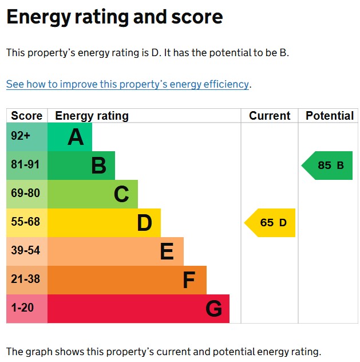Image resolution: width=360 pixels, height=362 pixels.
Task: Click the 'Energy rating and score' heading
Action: pos(114,17)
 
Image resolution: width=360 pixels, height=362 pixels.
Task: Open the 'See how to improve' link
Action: pos(128,84)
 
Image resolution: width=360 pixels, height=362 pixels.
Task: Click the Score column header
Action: pos(27,116)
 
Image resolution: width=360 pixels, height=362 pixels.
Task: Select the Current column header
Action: pos(270,116)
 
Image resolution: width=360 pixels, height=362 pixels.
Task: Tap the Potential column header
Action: pos(330,116)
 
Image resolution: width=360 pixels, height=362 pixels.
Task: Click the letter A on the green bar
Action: pos(76,137)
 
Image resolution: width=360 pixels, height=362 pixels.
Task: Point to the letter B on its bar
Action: pos(98,166)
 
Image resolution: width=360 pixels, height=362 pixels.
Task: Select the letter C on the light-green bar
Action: pos(121,195)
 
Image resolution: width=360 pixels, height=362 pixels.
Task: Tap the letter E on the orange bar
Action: pos(167,252)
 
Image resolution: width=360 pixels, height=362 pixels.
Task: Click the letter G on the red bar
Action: pos(213,309)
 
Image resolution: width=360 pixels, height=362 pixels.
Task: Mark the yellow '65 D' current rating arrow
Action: pos(271,223)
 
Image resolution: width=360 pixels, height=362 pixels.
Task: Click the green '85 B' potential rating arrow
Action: pos(329,166)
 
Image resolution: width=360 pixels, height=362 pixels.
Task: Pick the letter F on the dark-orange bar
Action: pos(189,281)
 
